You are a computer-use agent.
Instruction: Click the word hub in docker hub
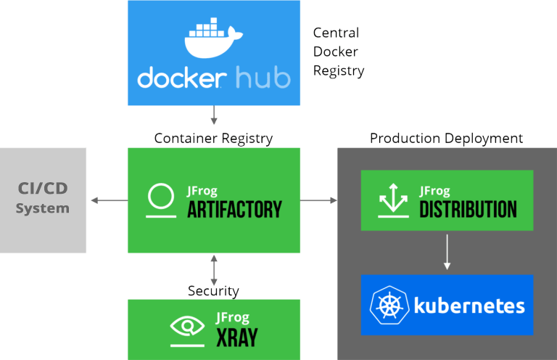(x=262, y=78)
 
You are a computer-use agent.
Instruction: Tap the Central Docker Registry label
(x=338, y=52)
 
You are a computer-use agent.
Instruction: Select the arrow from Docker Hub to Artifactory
(x=214, y=115)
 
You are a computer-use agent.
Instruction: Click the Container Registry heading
(x=213, y=138)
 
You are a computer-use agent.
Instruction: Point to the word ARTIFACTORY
(x=234, y=210)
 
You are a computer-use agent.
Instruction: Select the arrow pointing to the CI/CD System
(x=107, y=200)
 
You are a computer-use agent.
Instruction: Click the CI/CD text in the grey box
(x=44, y=189)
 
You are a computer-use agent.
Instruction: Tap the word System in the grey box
(x=43, y=208)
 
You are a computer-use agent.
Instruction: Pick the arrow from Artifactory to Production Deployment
(x=318, y=200)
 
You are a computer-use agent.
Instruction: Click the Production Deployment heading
(x=446, y=138)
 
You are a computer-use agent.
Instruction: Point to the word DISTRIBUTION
(x=468, y=210)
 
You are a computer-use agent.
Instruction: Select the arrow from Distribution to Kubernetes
(x=447, y=252)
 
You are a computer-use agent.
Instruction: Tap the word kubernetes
(x=469, y=306)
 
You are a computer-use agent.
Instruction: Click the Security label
(x=213, y=291)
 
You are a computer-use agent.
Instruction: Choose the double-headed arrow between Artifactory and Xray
(x=214, y=270)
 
